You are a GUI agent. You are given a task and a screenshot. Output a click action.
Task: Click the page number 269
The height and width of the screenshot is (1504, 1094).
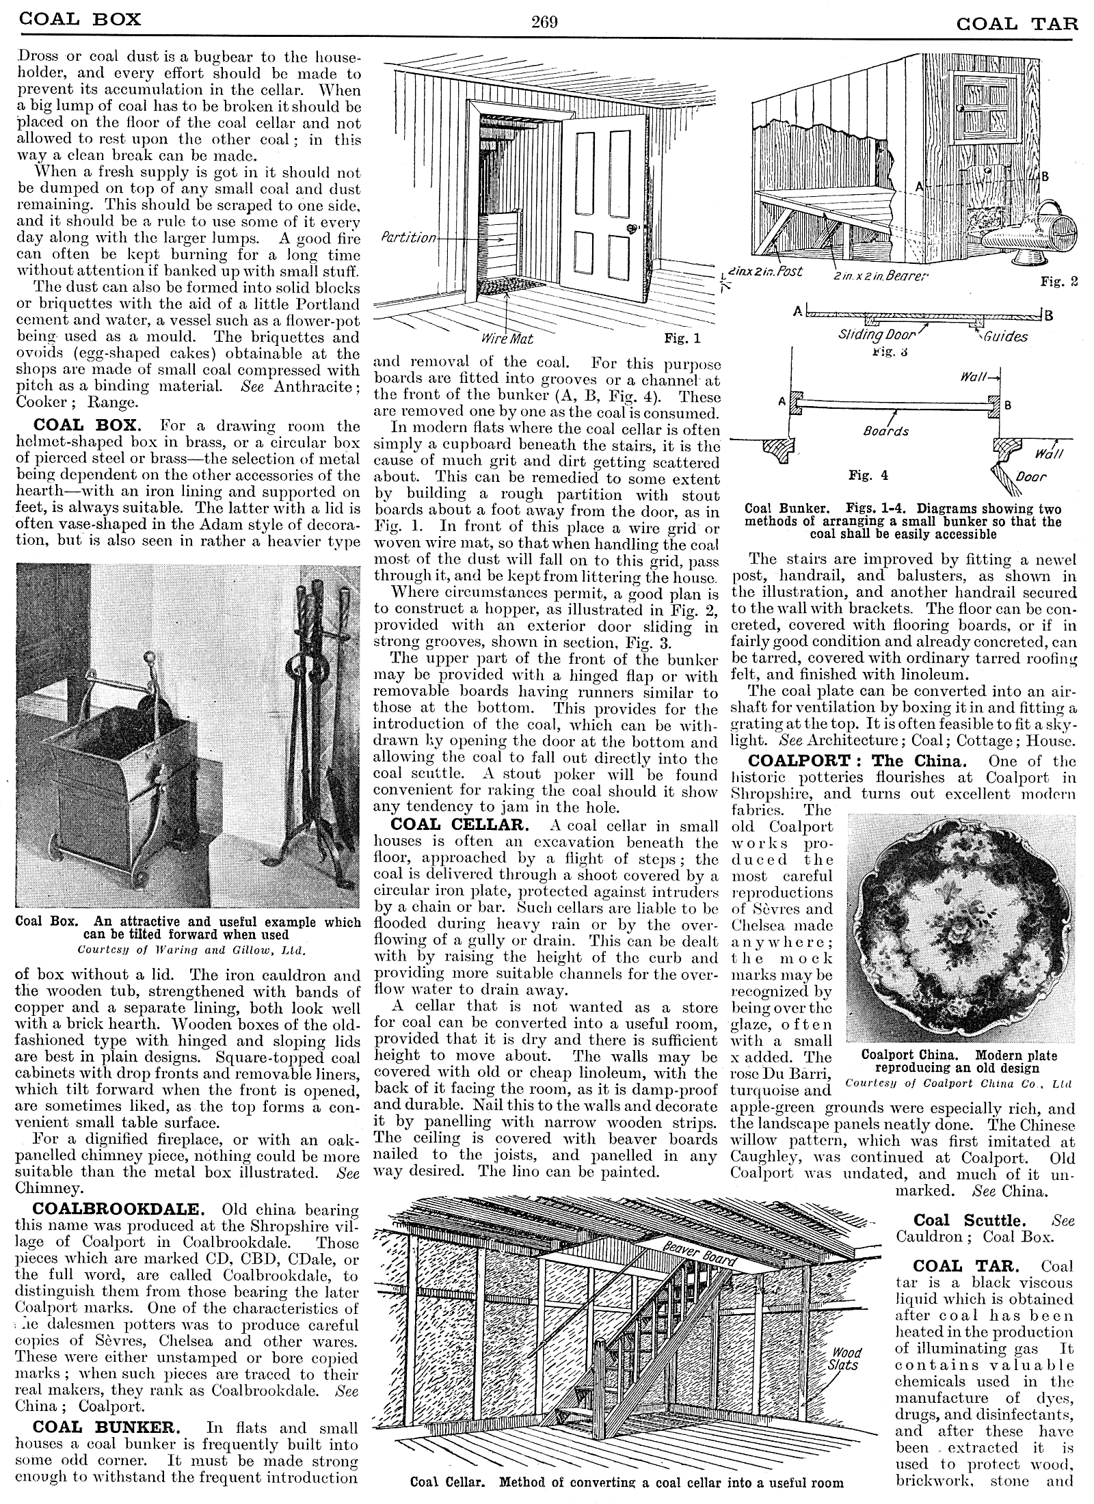545,21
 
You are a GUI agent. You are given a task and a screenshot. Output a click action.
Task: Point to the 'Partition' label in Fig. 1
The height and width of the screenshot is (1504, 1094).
408,238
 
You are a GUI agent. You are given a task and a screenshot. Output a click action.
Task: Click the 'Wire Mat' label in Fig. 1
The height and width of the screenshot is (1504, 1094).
506,338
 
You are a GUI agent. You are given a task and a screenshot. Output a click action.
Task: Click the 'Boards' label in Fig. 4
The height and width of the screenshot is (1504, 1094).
886,431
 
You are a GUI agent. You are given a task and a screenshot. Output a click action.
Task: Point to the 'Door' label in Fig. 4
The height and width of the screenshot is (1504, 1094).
1030,476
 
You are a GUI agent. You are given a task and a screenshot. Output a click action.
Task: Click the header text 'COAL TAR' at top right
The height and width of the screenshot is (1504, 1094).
1016,23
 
